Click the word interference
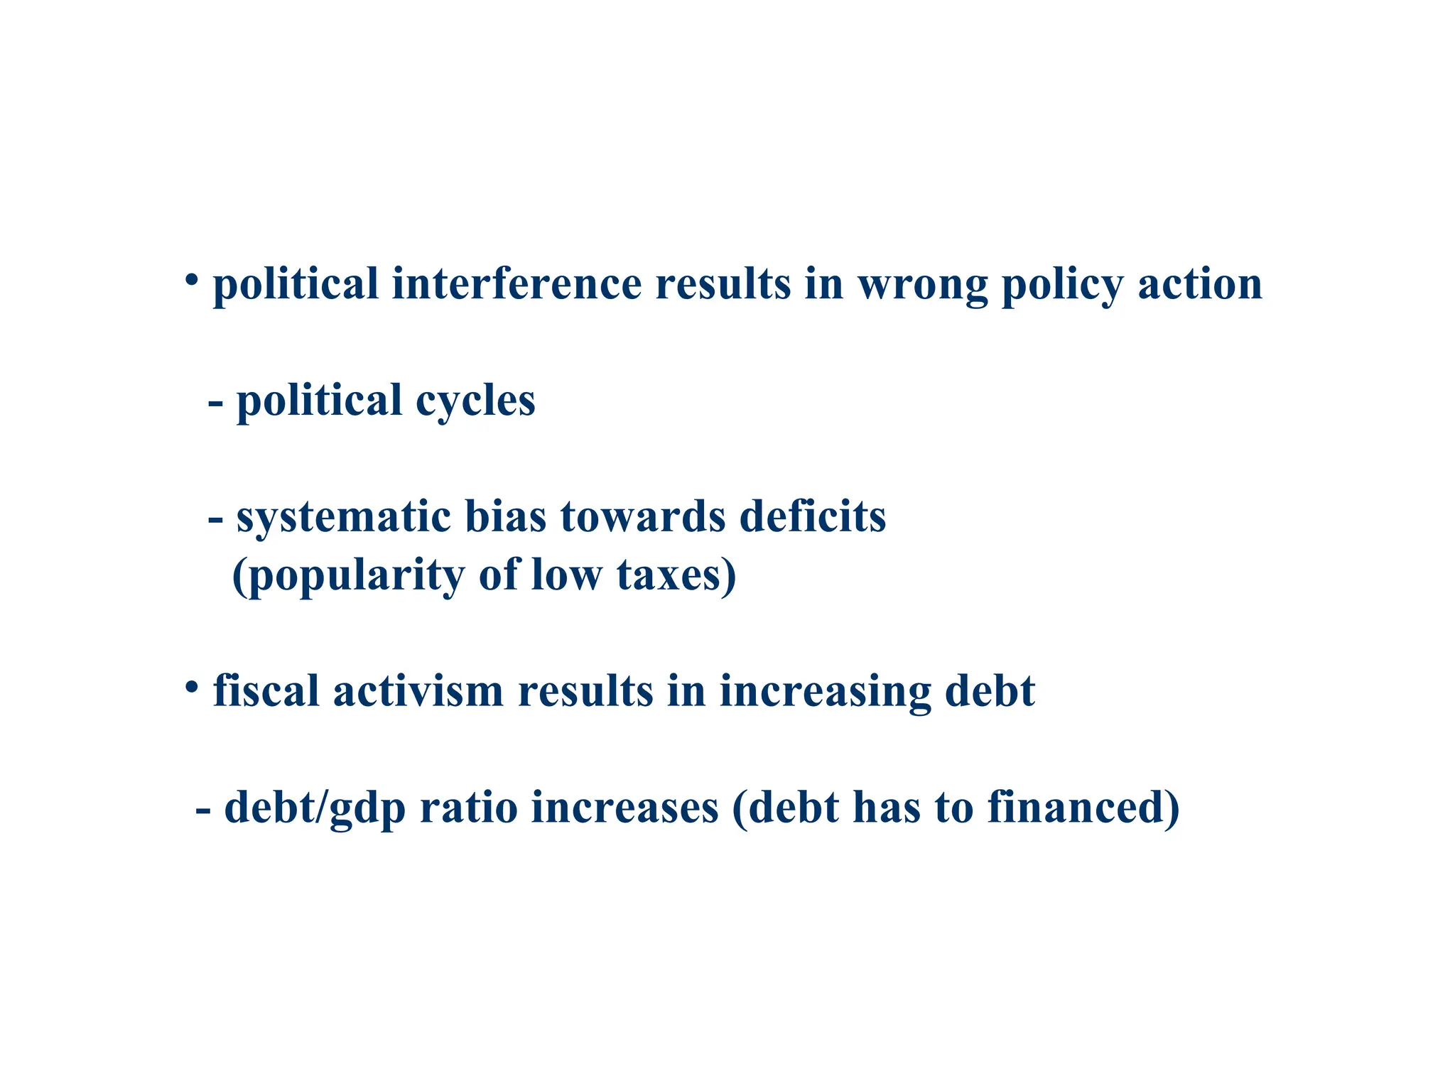point(516,283)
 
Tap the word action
point(1200,283)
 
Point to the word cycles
point(475,401)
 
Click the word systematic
point(343,516)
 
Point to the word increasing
point(825,692)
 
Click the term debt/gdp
point(315,808)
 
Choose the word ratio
point(468,808)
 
